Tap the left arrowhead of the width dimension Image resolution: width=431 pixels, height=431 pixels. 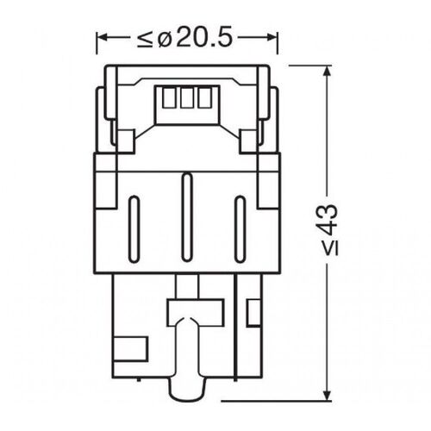[x=99, y=38]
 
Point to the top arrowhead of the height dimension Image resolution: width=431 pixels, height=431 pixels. [x=326, y=70]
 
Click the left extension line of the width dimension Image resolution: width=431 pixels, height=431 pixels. [x=95, y=52]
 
